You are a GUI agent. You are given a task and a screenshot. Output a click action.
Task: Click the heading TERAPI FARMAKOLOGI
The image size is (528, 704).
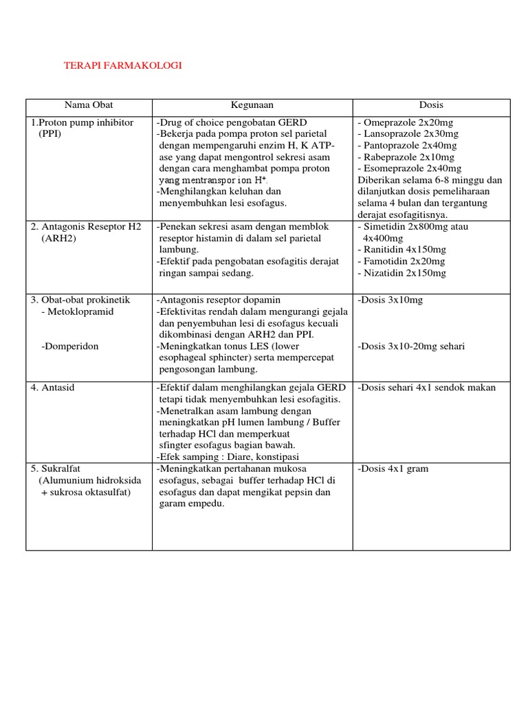pyautogui.click(x=122, y=65)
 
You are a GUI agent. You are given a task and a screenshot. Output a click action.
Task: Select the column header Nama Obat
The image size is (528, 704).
pyautogui.click(x=89, y=105)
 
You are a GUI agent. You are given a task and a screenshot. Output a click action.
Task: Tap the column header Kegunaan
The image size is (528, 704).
pyautogui.click(x=252, y=105)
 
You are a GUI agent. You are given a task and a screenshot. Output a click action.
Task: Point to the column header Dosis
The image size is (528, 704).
pyautogui.click(x=431, y=105)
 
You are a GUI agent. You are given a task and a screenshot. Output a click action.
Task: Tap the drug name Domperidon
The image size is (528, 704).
pyautogui.click(x=70, y=346)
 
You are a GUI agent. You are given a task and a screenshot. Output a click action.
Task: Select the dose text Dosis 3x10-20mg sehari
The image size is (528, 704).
pyautogui.click(x=411, y=346)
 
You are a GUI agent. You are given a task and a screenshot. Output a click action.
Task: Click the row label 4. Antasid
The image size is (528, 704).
pyautogui.click(x=52, y=388)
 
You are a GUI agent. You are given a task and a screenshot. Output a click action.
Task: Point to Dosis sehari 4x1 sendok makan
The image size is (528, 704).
pyautogui.click(x=426, y=388)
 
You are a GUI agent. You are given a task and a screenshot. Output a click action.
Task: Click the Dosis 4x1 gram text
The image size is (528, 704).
pyautogui.click(x=393, y=469)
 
